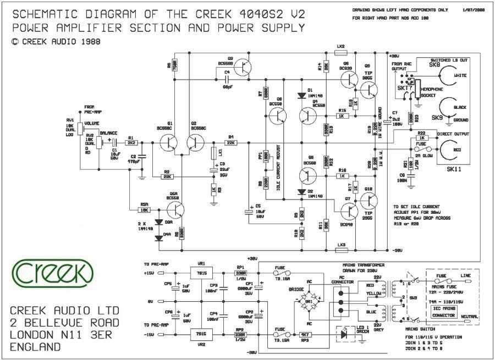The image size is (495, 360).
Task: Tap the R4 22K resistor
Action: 230,142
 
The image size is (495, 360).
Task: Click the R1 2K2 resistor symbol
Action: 131,142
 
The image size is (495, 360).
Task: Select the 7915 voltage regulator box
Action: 201,334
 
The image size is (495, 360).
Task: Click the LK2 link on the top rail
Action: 340,53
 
